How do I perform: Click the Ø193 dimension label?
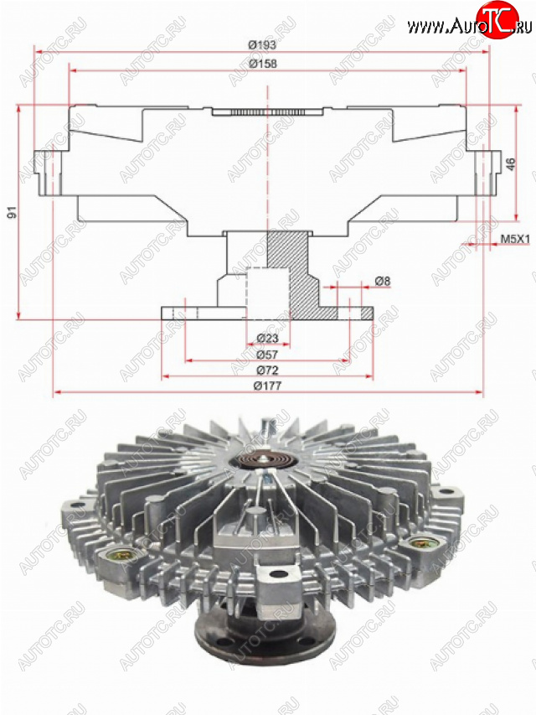(x=262, y=44)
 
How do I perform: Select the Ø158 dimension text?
(x=263, y=64)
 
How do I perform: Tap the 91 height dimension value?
(x=12, y=211)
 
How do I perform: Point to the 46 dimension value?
(x=511, y=163)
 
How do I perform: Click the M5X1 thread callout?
(x=516, y=239)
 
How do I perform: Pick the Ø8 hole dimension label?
(x=383, y=281)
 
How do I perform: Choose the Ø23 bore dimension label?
(x=267, y=339)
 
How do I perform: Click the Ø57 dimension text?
(x=267, y=355)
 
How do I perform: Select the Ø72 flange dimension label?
(x=267, y=370)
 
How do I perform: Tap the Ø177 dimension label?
(x=267, y=386)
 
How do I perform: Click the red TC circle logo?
(x=497, y=19)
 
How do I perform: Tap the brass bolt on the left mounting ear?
(x=116, y=556)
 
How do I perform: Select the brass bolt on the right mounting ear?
(x=419, y=542)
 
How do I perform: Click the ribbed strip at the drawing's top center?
(x=267, y=112)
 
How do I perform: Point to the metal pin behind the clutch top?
(x=268, y=427)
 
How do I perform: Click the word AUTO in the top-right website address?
(x=462, y=27)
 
